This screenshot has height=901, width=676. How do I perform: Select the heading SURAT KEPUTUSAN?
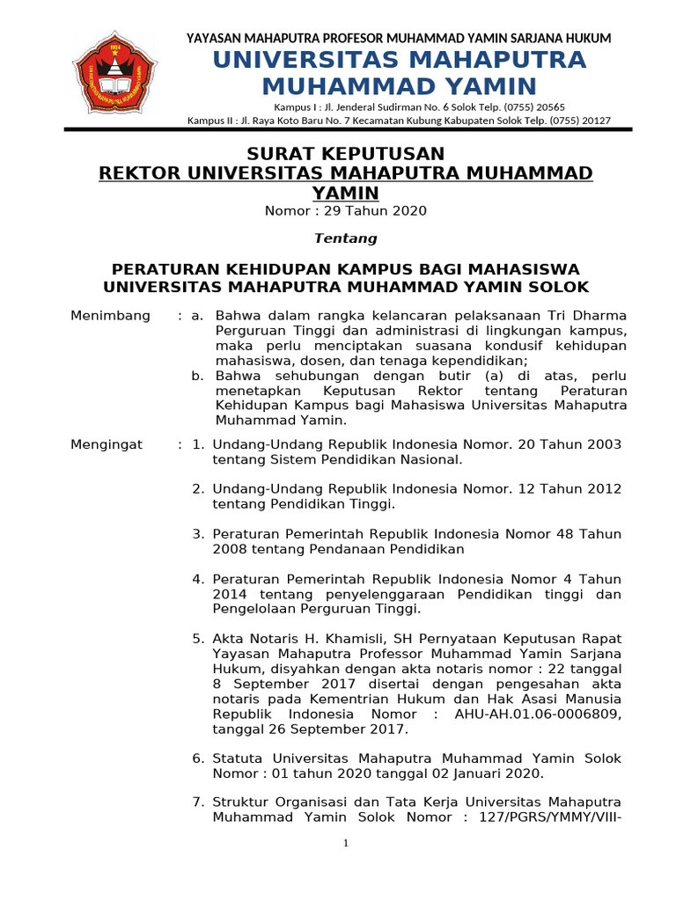point(345,153)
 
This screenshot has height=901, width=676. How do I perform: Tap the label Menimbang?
point(110,315)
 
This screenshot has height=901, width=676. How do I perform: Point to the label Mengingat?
point(106,444)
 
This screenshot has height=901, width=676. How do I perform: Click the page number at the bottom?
point(346,844)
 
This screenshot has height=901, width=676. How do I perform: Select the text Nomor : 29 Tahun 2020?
point(346,210)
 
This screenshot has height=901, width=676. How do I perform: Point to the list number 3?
point(198,533)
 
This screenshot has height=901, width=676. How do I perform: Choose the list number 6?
point(198,758)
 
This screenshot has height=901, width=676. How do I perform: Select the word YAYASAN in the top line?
point(217,38)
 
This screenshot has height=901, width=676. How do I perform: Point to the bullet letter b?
point(198,376)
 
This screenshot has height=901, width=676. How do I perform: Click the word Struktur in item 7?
point(241,802)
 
